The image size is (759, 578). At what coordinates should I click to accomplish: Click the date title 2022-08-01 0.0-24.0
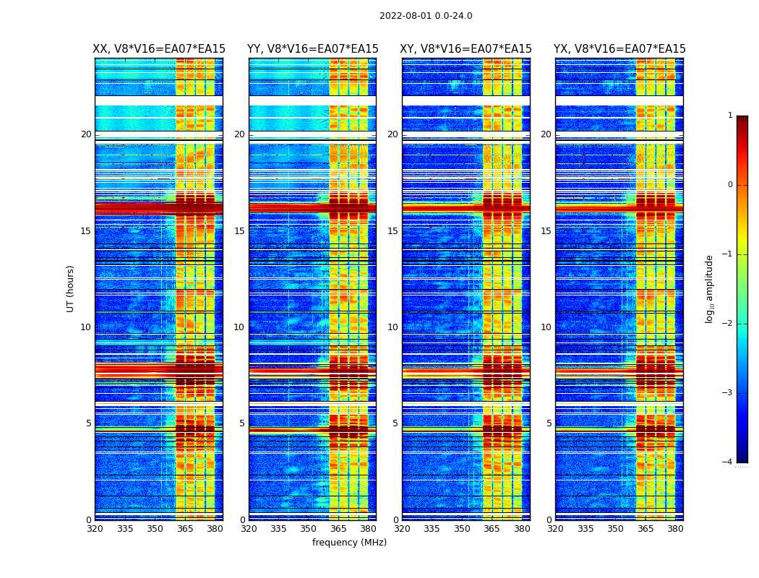pos(426,16)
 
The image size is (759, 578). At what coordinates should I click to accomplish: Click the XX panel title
pos(159,49)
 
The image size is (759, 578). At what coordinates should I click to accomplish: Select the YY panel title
pos(312,49)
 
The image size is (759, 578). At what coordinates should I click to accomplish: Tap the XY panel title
pos(466,49)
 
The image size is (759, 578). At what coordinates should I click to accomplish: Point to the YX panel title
pos(619,49)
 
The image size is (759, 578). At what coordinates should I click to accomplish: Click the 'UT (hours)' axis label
pos(71,288)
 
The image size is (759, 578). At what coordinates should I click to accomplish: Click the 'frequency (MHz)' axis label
pos(349,543)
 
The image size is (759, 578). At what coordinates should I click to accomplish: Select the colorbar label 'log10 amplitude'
pos(710,288)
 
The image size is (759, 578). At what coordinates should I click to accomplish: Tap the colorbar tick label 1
pos(730,116)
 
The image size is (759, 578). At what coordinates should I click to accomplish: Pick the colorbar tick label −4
pos(728,462)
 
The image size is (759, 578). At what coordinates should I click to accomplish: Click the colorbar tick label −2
pos(728,324)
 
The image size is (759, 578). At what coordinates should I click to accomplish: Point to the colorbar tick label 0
pos(730,185)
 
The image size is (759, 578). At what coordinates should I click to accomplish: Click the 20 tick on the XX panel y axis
pos(86,134)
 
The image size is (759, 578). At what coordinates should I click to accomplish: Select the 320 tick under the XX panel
pos(95,529)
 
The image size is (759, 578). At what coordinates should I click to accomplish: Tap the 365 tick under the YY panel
pos(338,529)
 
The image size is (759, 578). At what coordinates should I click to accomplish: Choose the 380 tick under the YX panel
pos(675,529)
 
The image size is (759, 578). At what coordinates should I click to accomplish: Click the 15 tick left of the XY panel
pos(393,231)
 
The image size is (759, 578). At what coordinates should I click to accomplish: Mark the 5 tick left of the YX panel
pos(549,423)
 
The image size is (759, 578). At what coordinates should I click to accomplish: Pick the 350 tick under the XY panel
pos(462,529)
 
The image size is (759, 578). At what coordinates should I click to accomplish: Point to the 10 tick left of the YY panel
pos(239,327)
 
